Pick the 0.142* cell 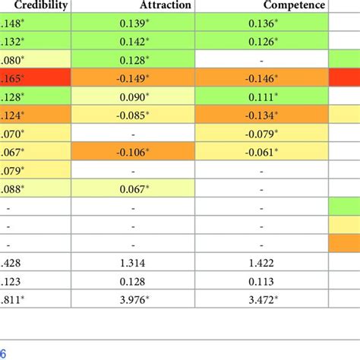(x=134, y=43)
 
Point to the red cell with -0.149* (x=134, y=78)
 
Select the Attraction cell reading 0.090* (x=134, y=96)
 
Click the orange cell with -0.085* (x=134, y=115)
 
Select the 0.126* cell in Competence (x=262, y=43)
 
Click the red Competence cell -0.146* (x=262, y=78)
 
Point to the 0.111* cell (x=262, y=96)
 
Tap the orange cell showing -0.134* (x=262, y=115)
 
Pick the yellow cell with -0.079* (x=262, y=133)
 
